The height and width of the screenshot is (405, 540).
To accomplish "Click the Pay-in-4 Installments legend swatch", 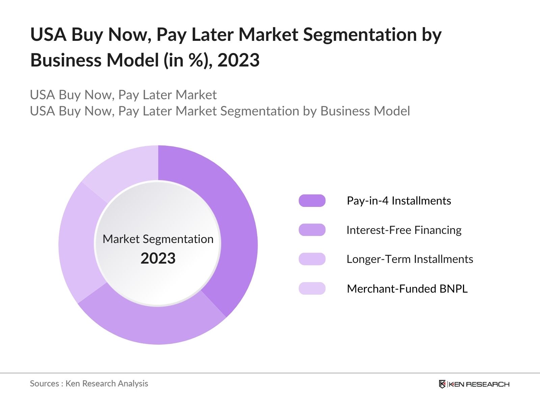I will (312, 201).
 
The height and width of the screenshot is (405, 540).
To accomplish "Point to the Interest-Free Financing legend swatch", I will (312, 230).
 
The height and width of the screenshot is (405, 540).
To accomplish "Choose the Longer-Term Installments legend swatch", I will (312, 259).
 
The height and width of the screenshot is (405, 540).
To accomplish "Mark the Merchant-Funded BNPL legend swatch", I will (312, 289).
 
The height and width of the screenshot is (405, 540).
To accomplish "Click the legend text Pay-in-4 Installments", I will (399, 201).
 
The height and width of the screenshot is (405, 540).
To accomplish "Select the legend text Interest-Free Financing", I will (404, 230).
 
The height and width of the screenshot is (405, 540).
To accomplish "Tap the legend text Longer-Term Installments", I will (410, 259).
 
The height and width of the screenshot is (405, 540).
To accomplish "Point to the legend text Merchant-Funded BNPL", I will (407, 289).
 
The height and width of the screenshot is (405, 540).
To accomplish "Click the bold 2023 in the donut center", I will (158, 259).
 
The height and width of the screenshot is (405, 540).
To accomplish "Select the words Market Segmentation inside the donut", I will (158, 239).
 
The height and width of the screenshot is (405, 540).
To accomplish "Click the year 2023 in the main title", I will (238, 60).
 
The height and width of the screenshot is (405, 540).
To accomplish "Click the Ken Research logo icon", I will (442, 384).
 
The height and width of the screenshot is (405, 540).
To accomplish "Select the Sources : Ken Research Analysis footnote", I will (89, 383).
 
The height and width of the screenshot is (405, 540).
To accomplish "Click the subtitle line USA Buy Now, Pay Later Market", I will (123, 95).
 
